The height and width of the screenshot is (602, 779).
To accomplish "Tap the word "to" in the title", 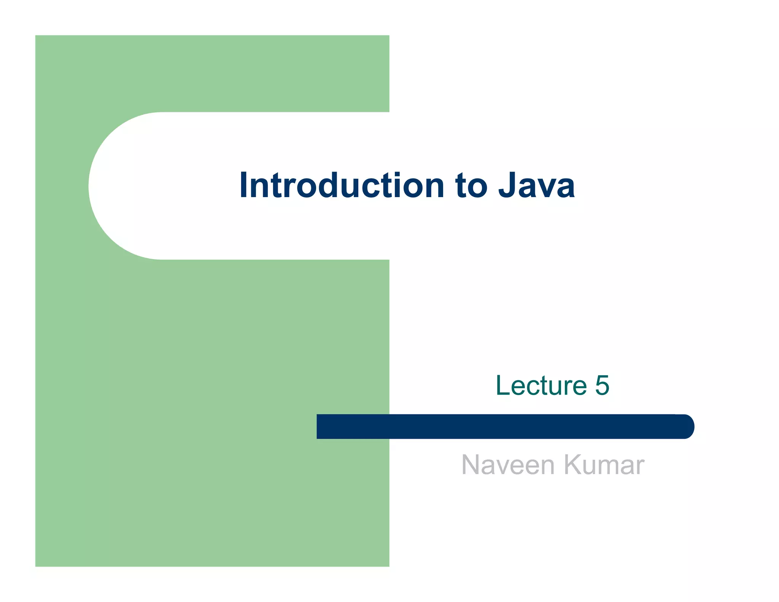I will pyautogui.click(x=471, y=186).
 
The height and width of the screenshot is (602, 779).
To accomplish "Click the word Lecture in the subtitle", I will pyautogui.click(x=541, y=385).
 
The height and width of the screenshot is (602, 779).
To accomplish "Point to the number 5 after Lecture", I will pyautogui.click(x=602, y=385).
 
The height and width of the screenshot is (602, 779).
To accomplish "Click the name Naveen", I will pyautogui.click(x=508, y=465).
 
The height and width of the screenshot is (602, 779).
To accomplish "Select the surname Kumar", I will pyautogui.click(x=604, y=465).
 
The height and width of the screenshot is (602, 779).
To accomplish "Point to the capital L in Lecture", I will pyautogui.click(x=503, y=385).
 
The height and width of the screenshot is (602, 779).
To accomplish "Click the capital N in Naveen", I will pyautogui.click(x=470, y=465).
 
